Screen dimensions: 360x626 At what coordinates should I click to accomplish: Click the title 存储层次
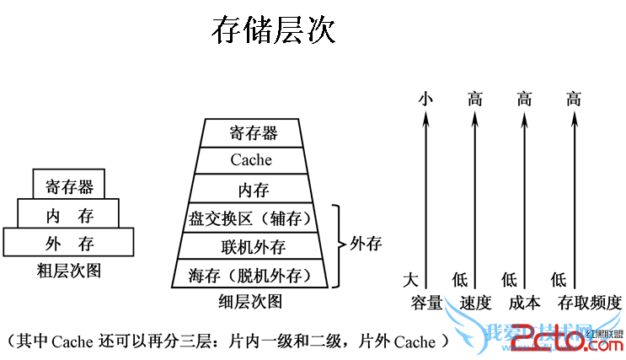pos(273,31)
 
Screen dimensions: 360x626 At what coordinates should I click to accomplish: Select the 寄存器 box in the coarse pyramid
pos(69,185)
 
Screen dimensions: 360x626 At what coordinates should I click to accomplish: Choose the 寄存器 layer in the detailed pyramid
pos(254,132)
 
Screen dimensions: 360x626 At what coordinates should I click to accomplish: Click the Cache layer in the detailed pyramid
pos(252,159)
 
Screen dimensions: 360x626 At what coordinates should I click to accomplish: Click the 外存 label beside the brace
pos(365,244)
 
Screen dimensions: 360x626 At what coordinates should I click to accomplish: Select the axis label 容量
pos(426,302)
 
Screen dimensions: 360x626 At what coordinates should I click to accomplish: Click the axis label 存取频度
pos(590,302)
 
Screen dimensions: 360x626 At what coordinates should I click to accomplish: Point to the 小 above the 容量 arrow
pos(425,99)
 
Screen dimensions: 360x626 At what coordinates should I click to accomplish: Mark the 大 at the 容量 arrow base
pos(410,279)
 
